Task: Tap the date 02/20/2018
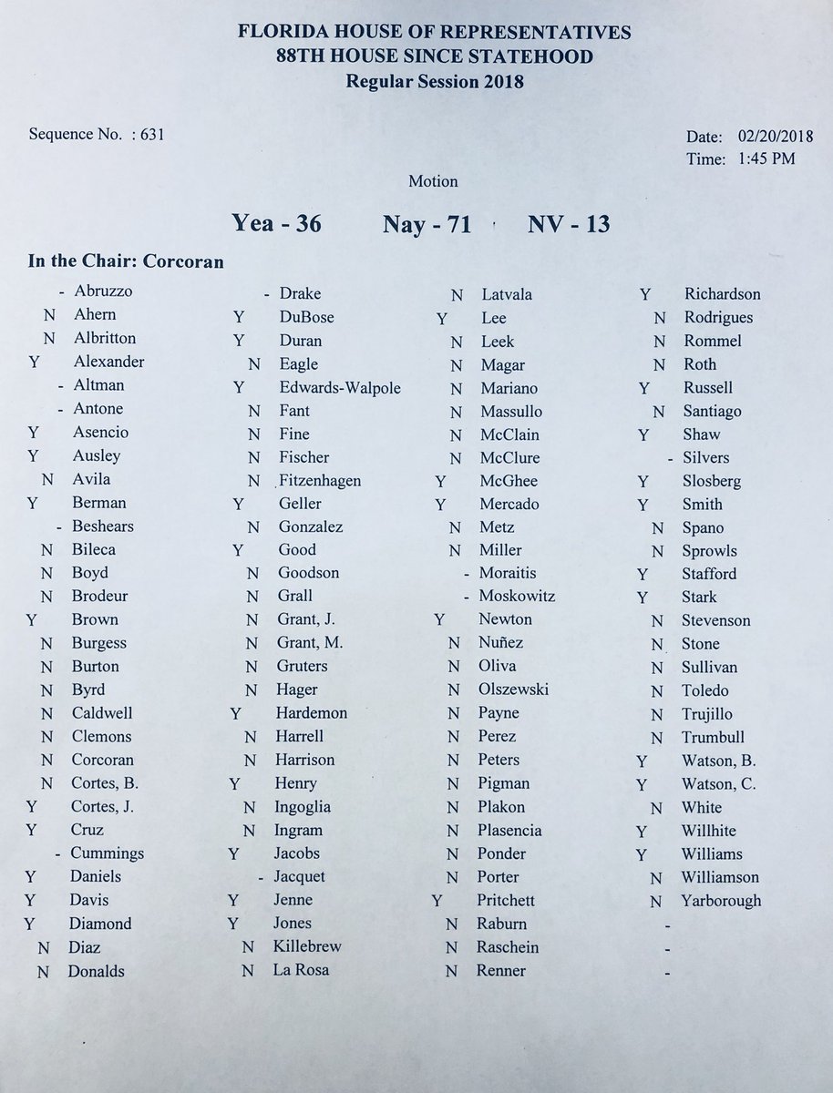coord(772,137)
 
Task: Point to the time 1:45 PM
coord(761,159)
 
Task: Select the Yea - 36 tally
coord(276,223)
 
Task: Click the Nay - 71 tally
coord(427,223)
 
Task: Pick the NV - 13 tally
coord(570,223)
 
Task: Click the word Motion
coord(433,181)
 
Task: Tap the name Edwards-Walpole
coord(340,388)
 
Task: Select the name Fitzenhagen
coord(321,481)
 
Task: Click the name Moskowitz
coord(518,597)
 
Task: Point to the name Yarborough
coord(721,901)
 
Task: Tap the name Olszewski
coord(513,690)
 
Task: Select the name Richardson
coord(722,294)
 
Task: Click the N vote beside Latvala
coord(457,295)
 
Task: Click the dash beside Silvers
coord(670,458)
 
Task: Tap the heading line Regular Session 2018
coord(434,81)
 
